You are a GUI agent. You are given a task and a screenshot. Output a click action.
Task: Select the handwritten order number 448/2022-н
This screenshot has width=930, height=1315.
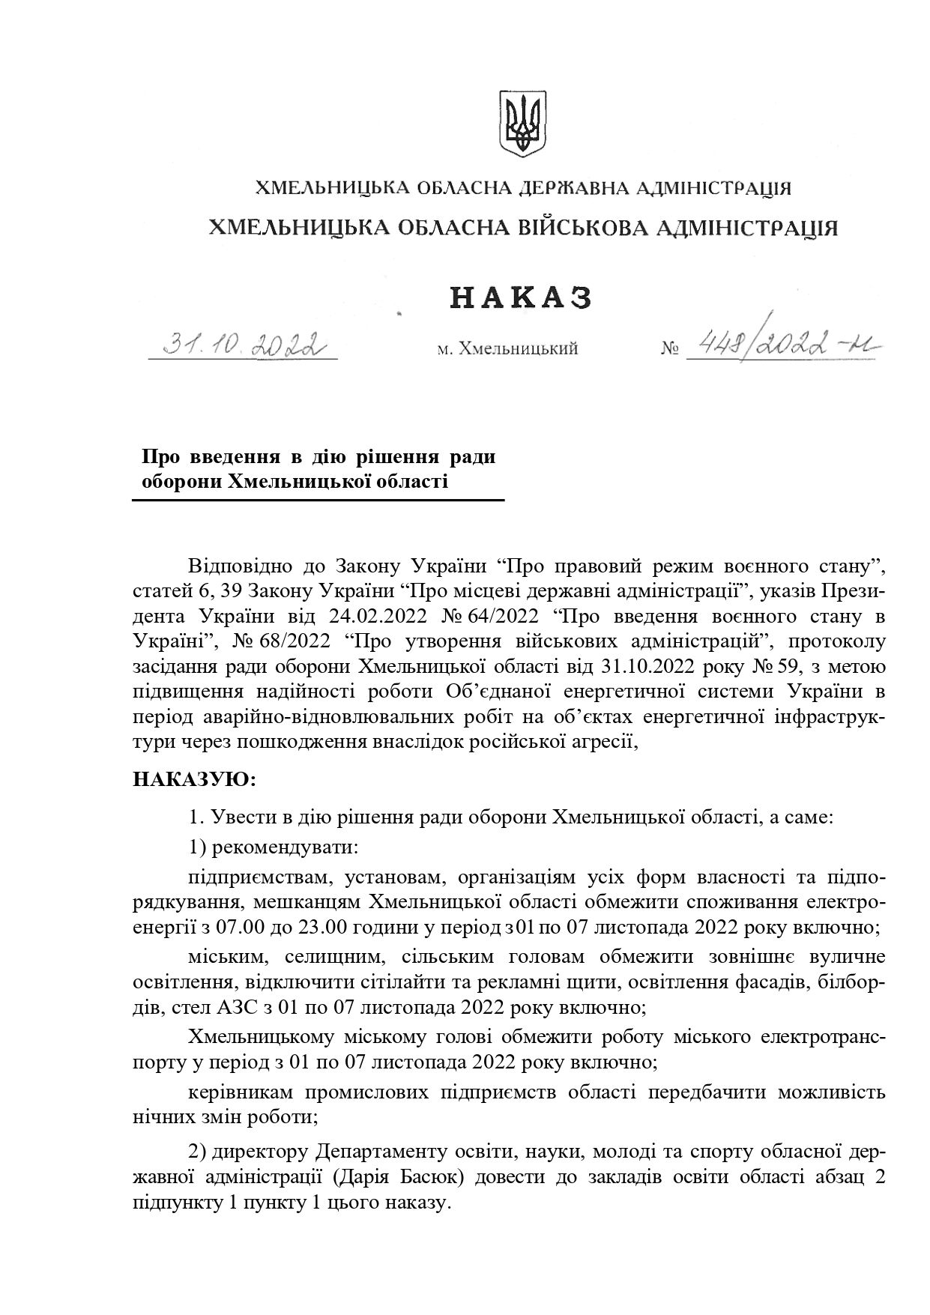click(784, 344)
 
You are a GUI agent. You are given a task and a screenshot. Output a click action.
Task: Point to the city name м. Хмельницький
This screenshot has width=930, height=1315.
click(507, 349)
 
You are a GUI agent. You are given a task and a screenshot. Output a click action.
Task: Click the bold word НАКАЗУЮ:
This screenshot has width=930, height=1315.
click(195, 779)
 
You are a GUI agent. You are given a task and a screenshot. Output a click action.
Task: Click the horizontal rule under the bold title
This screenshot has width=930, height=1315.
click(318, 500)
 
